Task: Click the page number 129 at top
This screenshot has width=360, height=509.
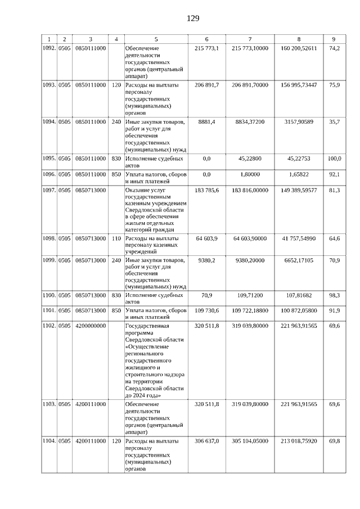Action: tap(193, 18)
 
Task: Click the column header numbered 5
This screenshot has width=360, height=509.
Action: tap(156, 39)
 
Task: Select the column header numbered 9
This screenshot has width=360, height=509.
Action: tap(334, 39)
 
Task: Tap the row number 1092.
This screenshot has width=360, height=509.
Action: tap(49, 48)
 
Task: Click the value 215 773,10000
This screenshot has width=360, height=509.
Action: tap(250, 48)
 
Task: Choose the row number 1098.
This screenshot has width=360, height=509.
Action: tap(49, 239)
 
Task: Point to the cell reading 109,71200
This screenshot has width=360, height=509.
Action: tap(250, 294)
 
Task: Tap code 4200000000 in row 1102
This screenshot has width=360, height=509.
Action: tap(91, 326)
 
